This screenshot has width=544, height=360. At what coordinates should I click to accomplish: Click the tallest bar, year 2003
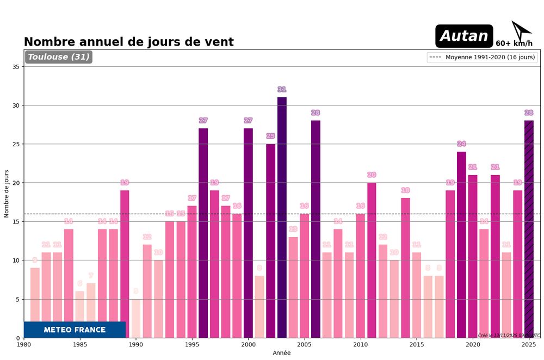coord(282,218)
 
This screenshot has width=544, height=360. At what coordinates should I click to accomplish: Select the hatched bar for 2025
coord(529,229)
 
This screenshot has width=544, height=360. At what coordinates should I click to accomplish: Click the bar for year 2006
coord(316,229)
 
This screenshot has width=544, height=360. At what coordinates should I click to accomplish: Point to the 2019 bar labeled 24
coord(461,245)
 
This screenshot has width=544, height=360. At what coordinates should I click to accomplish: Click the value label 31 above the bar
coord(282,90)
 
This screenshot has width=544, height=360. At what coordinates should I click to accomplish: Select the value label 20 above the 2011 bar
coord(372,175)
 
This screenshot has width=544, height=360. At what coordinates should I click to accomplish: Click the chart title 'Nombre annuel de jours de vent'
coord(128,42)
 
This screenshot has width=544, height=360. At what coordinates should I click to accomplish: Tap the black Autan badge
coord(464,36)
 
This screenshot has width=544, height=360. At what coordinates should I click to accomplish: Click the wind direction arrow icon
coord(521,31)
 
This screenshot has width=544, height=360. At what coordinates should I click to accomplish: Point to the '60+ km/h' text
coord(514,44)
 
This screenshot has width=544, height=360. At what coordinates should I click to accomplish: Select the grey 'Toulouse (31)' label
coord(59,57)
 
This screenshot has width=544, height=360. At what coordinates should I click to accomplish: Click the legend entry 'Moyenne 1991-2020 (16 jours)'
coord(482,57)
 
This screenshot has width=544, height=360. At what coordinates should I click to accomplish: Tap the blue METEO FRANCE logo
coord(75,330)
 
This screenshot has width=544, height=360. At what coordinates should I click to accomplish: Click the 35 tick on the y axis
coord(16,67)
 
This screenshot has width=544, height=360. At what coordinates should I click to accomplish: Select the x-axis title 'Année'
coord(282,353)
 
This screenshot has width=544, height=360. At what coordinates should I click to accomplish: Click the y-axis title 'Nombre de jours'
coord(7,194)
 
